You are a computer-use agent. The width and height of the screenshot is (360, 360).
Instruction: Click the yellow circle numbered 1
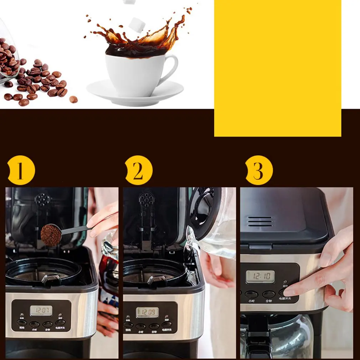click(x=20, y=170)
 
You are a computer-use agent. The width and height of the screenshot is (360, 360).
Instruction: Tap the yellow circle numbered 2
click(x=138, y=170)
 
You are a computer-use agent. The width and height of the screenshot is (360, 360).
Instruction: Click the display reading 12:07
click(x=41, y=310)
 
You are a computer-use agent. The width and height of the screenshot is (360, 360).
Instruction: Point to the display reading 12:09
click(x=147, y=312)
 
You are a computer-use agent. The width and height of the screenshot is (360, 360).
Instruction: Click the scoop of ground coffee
click(x=51, y=235)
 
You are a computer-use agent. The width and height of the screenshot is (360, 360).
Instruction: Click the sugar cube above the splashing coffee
click(x=137, y=24)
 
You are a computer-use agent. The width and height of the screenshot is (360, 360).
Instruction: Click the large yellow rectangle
click(x=277, y=68)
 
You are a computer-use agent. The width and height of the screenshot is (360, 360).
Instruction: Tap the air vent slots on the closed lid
click(x=260, y=221)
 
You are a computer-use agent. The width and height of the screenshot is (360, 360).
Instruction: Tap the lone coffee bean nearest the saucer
click(x=73, y=99)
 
